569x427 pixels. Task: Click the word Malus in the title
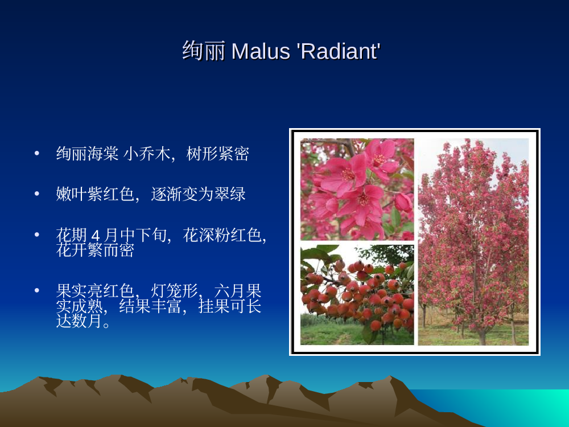[261, 51]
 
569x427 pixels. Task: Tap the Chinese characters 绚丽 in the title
[204, 51]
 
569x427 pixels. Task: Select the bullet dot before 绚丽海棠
[36, 153]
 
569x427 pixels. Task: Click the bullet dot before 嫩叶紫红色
[36, 194]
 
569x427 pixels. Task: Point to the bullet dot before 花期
[36, 235]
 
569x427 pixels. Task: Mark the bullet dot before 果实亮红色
[36, 290]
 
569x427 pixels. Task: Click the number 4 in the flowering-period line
[96, 236]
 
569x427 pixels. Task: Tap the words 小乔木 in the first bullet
[147, 154]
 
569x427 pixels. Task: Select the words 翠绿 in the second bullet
[230, 194]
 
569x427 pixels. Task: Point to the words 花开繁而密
[95, 250]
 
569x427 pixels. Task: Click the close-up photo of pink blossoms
[357, 189]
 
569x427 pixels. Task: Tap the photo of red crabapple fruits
[357, 295]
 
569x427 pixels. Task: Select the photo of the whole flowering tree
[473, 242]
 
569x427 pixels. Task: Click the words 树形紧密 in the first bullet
[217, 154]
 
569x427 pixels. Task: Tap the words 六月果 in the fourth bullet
[238, 291]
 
